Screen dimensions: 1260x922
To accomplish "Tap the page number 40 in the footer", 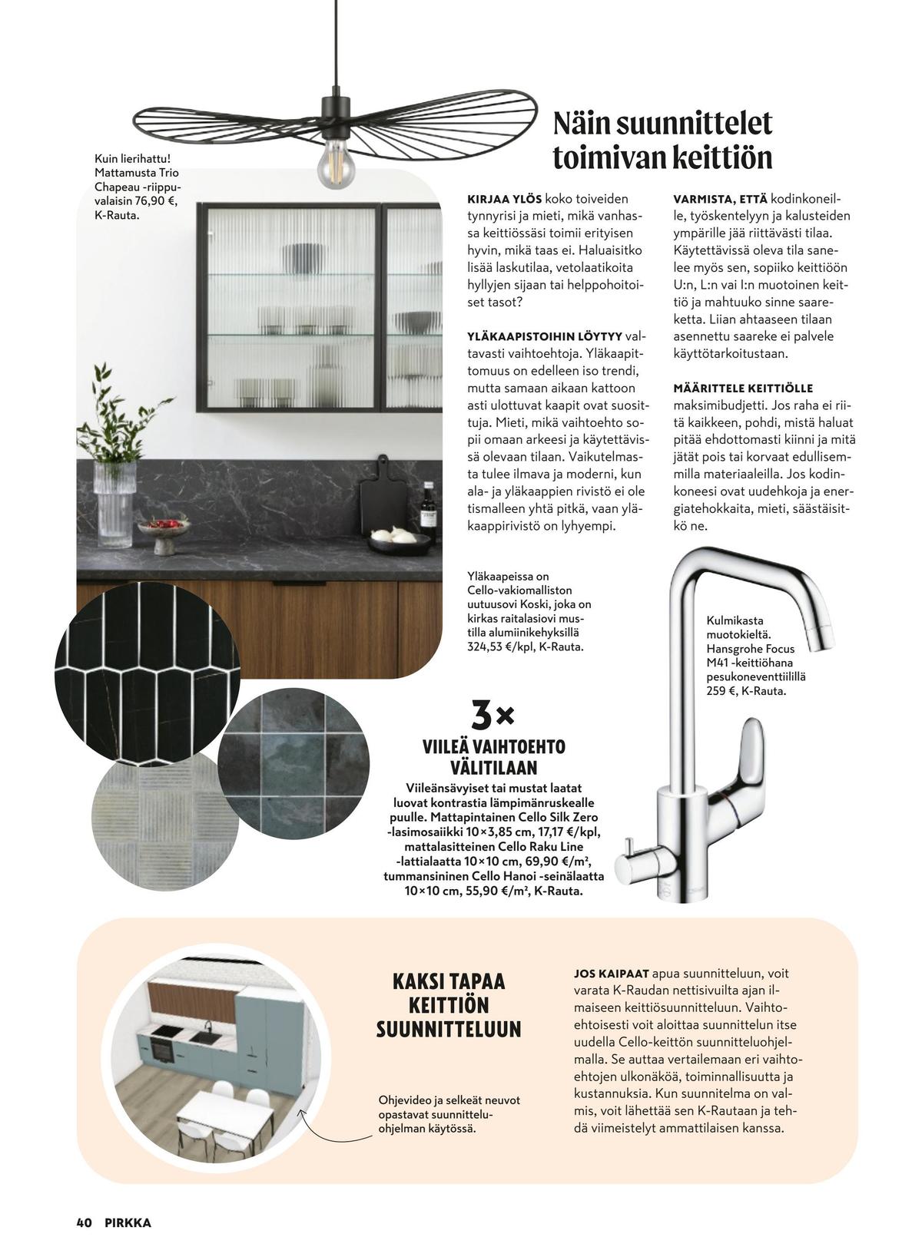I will [x=85, y=1223].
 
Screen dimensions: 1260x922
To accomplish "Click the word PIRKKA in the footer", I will [x=128, y=1223].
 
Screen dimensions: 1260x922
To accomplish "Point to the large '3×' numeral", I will [x=492, y=716].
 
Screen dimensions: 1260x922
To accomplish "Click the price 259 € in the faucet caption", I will [x=723, y=691].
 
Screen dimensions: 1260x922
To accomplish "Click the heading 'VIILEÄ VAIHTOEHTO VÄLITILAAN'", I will [x=493, y=757].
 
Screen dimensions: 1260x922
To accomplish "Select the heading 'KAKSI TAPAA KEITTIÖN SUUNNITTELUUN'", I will [x=449, y=1006].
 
